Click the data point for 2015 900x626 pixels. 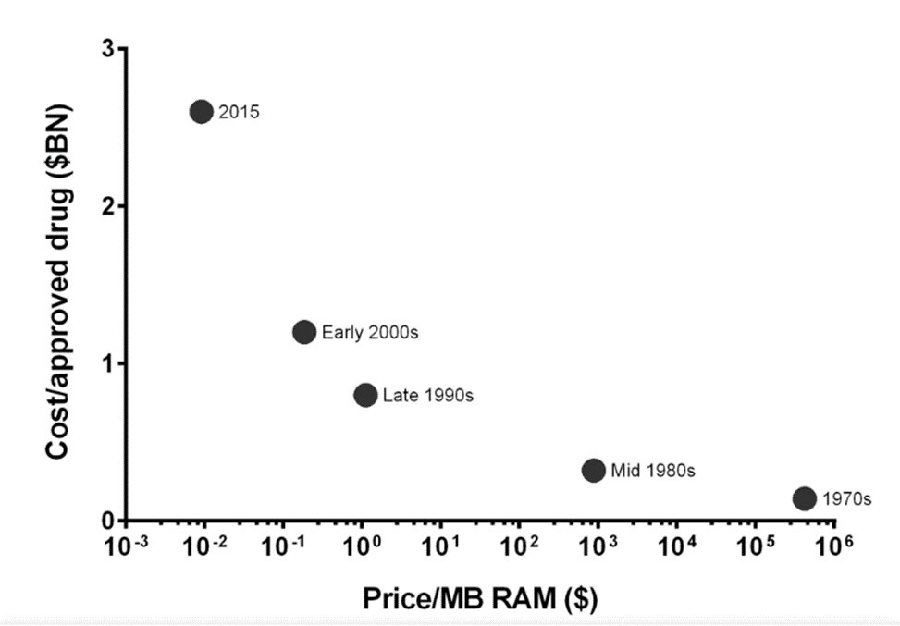point(202,112)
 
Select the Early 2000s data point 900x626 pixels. point(304,332)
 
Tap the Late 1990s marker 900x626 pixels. point(365,395)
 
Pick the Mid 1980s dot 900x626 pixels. point(594,470)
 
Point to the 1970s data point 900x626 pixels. point(805,498)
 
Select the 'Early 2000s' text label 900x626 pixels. point(370,333)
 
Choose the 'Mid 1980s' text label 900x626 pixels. point(653,471)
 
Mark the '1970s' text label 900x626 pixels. point(846,499)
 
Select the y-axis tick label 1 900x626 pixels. point(108,362)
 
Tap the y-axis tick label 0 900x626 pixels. point(108,520)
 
